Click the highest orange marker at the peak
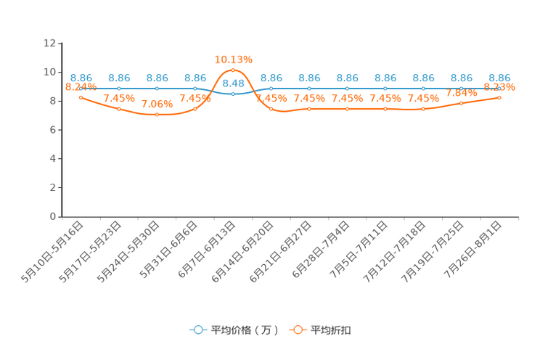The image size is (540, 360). pos(233,70)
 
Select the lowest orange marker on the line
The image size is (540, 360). pos(157,115)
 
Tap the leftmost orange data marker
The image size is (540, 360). pos(81,97)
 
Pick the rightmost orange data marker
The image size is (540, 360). pos(500,97)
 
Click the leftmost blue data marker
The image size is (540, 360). pos(81,89)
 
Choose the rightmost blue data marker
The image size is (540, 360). pos(500,89)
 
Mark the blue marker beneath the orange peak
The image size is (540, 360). pos(233,94)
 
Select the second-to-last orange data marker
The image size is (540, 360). pos(462,103)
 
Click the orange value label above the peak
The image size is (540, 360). pos(234,58)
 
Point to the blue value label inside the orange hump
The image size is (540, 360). pos(233,83)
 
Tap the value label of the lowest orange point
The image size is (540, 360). pos(157,105)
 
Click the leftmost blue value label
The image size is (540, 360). pos(81,77)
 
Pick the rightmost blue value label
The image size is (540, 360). pos(499,77)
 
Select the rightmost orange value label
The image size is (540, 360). pos(499,86)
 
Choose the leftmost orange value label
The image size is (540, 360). pos(80,86)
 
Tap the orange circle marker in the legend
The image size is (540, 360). pos(297,330)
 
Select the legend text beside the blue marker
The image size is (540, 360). pos(245,330)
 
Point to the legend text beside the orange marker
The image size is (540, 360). pos(331,330)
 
